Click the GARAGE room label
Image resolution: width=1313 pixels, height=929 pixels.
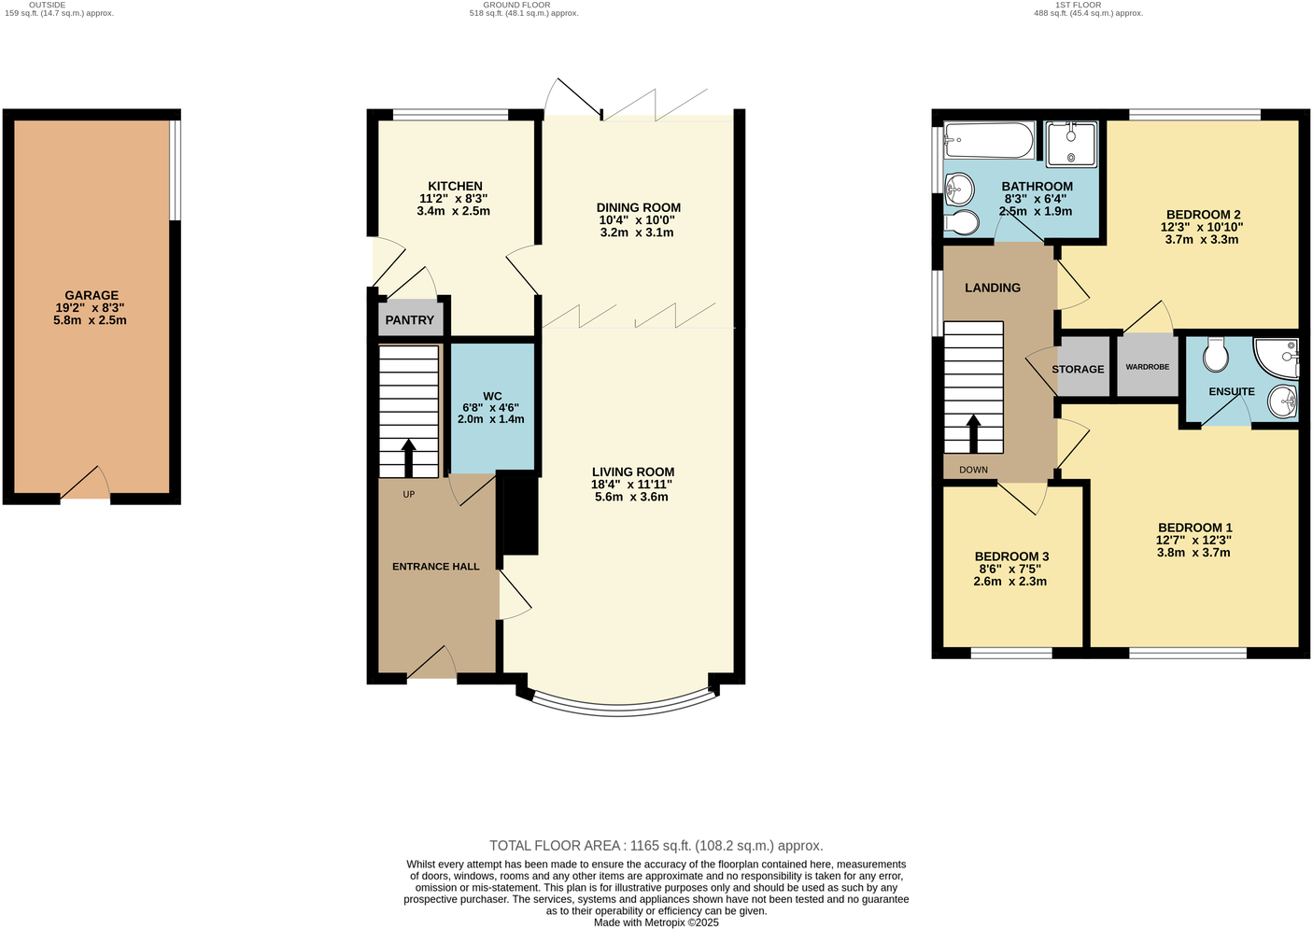coord(92,295)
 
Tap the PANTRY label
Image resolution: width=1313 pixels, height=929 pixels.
coord(410,320)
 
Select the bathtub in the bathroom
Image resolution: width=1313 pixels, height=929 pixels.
coord(988,142)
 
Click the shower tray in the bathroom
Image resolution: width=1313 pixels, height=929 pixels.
coord(1070,144)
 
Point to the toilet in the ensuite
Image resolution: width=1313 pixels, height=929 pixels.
coord(1215,353)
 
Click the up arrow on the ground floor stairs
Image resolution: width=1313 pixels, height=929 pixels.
coord(409,457)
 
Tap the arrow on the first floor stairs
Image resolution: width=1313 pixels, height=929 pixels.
coord(973,433)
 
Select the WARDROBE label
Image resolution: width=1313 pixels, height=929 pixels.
coord(1147,367)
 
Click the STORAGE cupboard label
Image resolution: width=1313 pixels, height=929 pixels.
coord(1078,370)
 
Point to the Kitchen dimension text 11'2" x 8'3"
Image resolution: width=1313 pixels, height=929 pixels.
coord(454,199)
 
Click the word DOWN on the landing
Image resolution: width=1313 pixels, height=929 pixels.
coord(973,470)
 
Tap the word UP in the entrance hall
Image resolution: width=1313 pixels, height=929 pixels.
coord(409,494)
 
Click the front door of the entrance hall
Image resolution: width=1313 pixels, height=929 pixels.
coord(431,665)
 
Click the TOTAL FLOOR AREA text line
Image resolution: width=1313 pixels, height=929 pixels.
coord(656,846)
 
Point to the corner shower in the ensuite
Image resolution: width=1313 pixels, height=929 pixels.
coord(1278,357)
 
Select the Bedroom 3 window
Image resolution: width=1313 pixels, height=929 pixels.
coord(1010,653)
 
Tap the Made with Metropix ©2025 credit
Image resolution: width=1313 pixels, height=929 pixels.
coord(656,922)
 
